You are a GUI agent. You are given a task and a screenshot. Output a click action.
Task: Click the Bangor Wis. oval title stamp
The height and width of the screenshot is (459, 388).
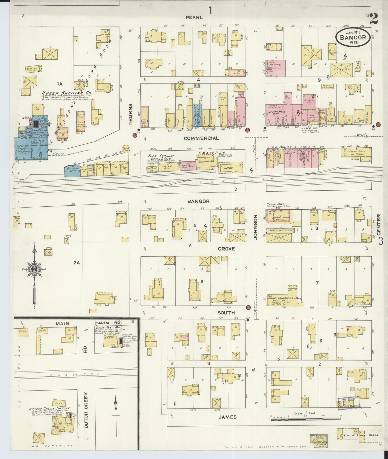tap(353, 37)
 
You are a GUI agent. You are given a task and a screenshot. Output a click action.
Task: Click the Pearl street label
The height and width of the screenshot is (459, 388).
tap(194, 17)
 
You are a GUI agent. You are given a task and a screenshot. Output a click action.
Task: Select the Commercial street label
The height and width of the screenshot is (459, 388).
tap(201, 138)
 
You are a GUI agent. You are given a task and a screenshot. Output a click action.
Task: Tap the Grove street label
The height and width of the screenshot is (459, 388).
tap(226, 249)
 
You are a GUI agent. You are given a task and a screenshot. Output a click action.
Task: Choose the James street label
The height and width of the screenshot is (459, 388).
tap(227, 417)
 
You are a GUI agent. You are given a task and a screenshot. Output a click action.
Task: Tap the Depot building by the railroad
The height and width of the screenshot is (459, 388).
tap(230, 168)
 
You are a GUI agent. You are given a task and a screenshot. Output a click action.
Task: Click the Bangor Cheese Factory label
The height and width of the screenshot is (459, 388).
tap(49, 409)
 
